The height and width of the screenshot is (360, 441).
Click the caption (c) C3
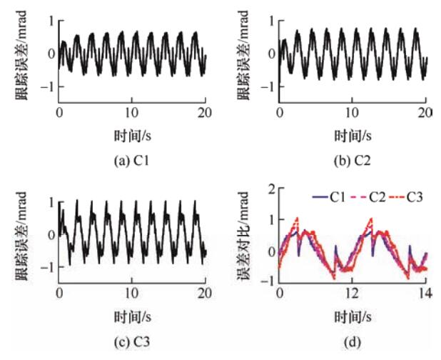(131, 341)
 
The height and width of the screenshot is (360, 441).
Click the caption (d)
(352, 341)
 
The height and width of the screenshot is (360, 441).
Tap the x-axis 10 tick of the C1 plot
(131, 113)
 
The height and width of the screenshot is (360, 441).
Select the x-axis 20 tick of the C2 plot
(425, 113)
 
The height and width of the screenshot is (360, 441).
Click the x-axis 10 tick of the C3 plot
(131, 294)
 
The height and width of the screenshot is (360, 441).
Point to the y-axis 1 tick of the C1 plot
(51, 21)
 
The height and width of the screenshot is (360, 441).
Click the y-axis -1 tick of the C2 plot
(269, 86)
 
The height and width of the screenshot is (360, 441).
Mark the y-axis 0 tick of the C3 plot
(51, 235)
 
